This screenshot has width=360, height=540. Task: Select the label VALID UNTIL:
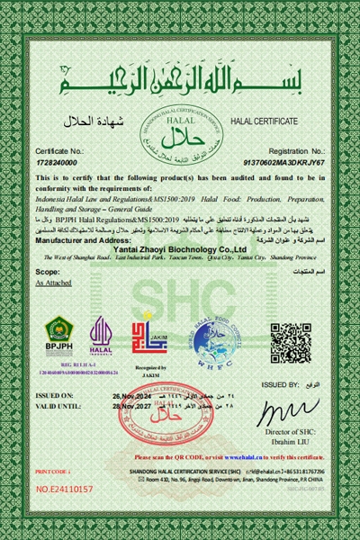pyautogui.click(x=58, y=407)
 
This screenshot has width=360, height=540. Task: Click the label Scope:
pyautogui.click(x=47, y=270)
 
